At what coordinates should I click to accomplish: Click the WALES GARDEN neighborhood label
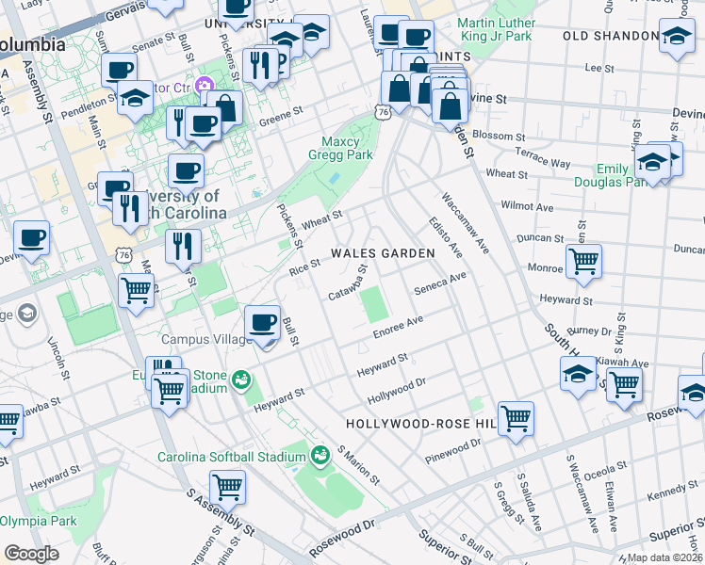tap(383, 253)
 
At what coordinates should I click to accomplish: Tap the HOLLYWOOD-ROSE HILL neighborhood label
tap(420, 425)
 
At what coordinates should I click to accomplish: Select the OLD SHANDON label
tap(610, 36)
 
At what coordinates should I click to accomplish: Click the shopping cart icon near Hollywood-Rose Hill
tap(515, 417)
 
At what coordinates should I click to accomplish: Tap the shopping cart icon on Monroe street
tap(584, 260)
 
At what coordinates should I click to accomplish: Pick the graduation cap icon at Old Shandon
tap(676, 38)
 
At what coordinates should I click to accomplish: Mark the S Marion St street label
tap(359, 465)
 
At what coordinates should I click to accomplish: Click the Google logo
tap(32, 553)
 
